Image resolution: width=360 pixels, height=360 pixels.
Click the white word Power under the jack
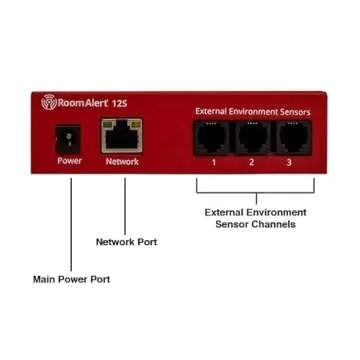(x=70, y=160)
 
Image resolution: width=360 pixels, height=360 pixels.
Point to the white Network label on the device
(x=122, y=160)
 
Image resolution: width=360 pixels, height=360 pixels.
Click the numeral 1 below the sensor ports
(x=213, y=161)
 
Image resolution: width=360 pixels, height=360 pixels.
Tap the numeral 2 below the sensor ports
(x=252, y=161)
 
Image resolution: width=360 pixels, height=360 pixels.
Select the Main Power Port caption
(x=72, y=279)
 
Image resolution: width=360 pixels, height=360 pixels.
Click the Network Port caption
(x=126, y=242)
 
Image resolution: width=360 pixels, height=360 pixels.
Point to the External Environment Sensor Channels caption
(x=255, y=218)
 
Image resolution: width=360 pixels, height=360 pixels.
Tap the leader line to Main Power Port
(x=71, y=220)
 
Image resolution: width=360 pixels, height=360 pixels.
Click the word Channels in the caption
(x=274, y=225)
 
